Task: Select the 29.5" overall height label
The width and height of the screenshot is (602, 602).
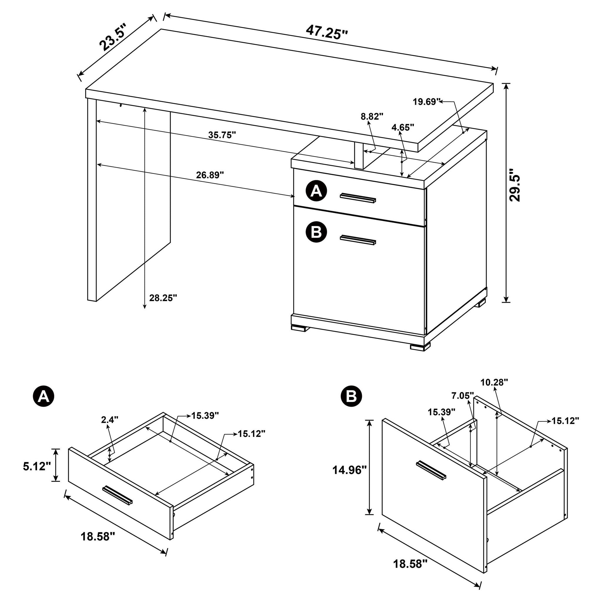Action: pos(514,185)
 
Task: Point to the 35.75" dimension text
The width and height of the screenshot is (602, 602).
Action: pos(222,135)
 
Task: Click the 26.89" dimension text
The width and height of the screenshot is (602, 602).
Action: pos(210,175)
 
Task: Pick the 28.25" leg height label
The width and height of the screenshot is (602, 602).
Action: pos(163,298)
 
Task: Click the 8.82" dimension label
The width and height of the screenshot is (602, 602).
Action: pos(372,116)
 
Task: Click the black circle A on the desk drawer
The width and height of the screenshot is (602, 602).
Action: pos(316,191)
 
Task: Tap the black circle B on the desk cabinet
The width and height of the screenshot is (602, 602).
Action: pos(316,232)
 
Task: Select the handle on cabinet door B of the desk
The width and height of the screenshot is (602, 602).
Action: pos(358,239)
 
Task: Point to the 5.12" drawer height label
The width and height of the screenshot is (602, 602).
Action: pos(37,466)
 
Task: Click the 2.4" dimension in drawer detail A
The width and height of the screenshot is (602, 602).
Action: pos(110,419)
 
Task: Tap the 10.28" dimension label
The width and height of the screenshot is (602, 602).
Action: pos(494,382)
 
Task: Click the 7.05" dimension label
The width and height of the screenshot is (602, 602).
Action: pos(462,396)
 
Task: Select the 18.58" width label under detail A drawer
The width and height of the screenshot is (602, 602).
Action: pos(98,536)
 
